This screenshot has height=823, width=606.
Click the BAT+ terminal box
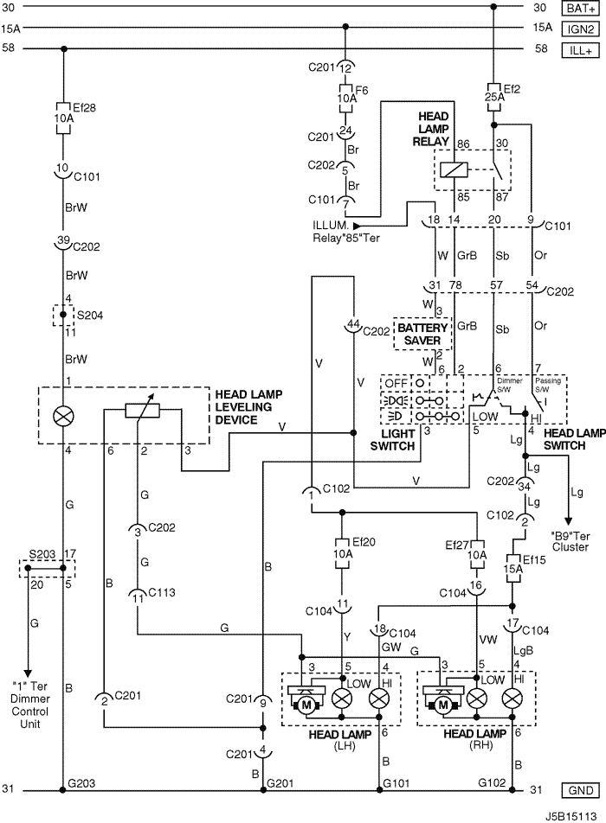click(581, 9)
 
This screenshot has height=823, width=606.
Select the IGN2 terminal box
click(581, 29)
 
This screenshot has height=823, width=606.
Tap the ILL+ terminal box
click(581, 50)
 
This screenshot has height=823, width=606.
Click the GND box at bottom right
click(581, 790)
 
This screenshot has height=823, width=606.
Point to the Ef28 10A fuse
click(63, 118)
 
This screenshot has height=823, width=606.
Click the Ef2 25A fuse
click(493, 97)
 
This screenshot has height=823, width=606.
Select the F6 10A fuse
click(345, 99)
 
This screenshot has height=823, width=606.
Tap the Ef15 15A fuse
click(513, 570)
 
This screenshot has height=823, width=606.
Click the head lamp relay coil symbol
click(454, 169)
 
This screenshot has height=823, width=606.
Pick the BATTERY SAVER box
click(422, 334)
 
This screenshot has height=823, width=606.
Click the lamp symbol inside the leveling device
click(63, 417)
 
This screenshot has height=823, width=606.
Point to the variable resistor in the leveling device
click(143, 411)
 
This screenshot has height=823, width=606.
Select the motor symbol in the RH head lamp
click(442, 705)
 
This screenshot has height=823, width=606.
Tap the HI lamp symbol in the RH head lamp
click(513, 699)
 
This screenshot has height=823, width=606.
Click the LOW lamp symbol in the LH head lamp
click(343, 699)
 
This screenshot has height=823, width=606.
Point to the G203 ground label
click(82, 783)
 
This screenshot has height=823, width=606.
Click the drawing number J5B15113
click(571, 816)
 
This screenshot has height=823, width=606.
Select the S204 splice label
click(90, 316)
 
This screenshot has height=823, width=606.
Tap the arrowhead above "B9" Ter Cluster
click(568, 520)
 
